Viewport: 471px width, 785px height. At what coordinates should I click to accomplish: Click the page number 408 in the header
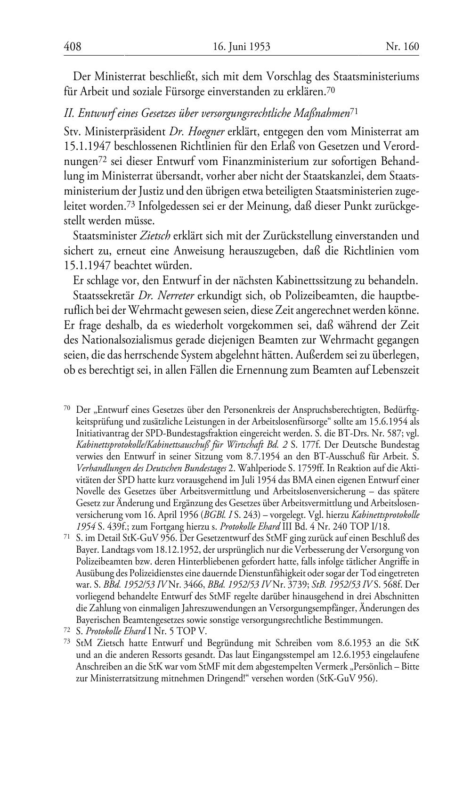pyautogui.click(x=73, y=47)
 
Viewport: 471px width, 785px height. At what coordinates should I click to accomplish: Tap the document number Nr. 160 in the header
pyautogui.click(x=402, y=47)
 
